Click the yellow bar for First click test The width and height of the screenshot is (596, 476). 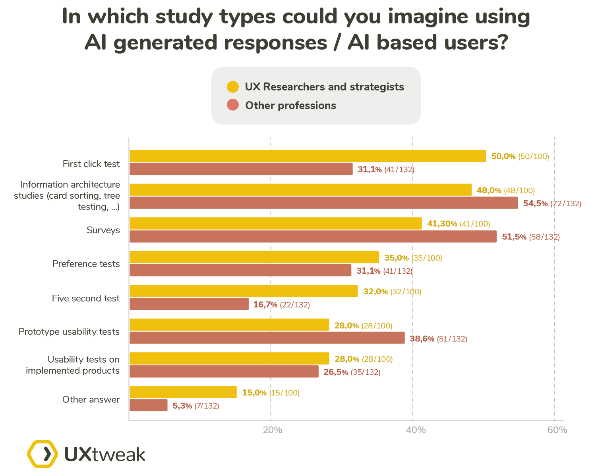pyautogui.click(x=307, y=156)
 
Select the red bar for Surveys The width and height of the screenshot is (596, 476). pyautogui.click(x=313, y=237)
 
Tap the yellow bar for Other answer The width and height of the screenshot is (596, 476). pyautogui.click(x=183, y=392)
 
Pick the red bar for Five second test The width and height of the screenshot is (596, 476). pyautogui.click(x=189, y=304)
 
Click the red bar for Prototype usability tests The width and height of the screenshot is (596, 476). pyautogui.click(x=267, y=338)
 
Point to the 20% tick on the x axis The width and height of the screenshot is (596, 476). pyautogui.click(x=273, y=430)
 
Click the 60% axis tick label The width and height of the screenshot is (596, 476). pyautogui.click(x=557, y=430)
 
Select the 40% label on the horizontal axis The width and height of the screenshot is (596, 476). pyautogui.click(x=416, y=430)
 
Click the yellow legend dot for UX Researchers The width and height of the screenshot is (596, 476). pyautogui.click(x=233, y=86)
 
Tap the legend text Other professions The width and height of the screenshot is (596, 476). pyautogui.click(x=290, y=106)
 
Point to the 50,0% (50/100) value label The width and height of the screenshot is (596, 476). pyautogui.click(x=520, y=156)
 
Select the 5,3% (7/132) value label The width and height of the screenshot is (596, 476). pyautogui.click(x=195, y=406)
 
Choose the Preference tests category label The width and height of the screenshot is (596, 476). pyautogui.click(x=86, y=264)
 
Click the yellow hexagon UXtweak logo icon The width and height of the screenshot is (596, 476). pyautogui.click(x=42, y=453)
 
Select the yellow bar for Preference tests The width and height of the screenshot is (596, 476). pyautogui.click(x=254, y=257)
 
